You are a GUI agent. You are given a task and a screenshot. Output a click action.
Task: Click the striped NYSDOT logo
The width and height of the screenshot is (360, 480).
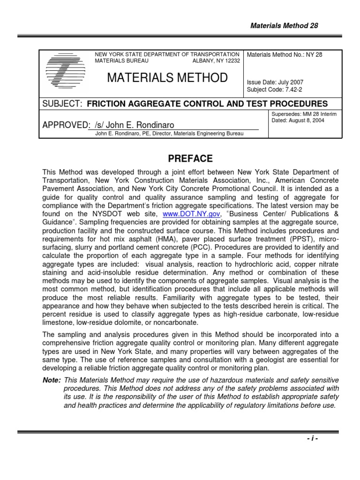(x=66, y=73)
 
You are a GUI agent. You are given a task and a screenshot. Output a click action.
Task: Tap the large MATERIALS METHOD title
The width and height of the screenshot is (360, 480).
(x=168, y=78)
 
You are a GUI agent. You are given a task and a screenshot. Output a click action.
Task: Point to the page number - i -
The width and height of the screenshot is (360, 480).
(x=311, y=438)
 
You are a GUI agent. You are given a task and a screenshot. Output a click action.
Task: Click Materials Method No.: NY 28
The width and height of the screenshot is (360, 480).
(x=285, y=55)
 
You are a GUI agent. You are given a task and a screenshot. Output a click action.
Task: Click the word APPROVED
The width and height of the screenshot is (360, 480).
(x=66, y=125)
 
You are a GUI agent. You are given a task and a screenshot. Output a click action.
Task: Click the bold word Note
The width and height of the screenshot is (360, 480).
(x=51, y=379)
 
